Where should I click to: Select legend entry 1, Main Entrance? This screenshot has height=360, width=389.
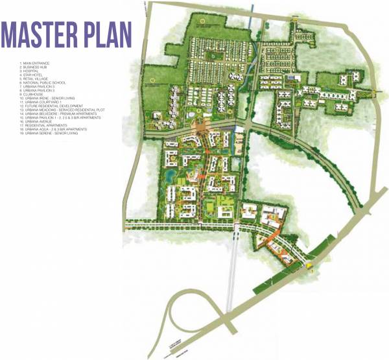tap(36, 63)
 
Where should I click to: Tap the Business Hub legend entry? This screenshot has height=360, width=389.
tap(35, 67)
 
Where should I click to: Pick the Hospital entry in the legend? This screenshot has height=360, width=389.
tap(32, 71)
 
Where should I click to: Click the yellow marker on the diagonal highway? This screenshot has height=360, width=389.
tap(309, 264)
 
